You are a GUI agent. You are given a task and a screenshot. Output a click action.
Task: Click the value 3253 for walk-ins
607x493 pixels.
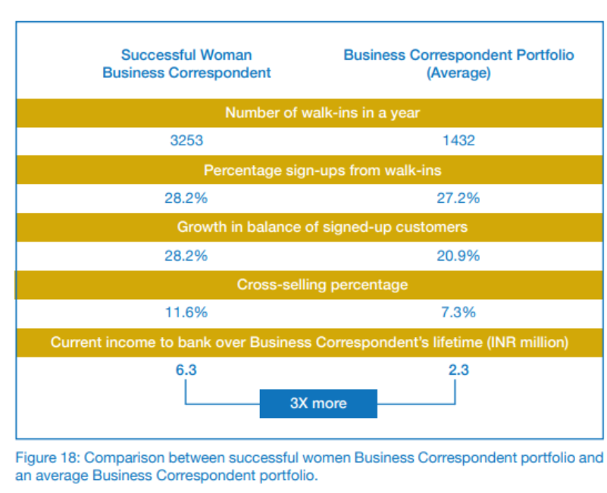186,141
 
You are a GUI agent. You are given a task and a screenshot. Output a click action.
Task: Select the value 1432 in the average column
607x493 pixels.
458,141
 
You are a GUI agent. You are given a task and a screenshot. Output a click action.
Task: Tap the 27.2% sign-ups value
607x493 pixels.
458,198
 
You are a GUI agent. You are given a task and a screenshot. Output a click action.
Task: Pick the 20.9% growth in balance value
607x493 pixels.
458,256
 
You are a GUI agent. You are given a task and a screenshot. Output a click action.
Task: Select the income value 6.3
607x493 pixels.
186,370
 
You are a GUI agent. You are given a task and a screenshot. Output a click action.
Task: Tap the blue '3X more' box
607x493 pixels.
318,403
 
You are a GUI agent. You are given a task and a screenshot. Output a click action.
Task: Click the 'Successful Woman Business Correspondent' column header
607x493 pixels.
186,64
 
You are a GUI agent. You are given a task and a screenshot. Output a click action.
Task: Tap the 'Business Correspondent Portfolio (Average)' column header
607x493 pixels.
458,64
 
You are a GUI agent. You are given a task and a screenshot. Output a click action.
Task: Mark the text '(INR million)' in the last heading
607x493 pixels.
530,342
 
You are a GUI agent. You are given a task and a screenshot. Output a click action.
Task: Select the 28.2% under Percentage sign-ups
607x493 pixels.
186,198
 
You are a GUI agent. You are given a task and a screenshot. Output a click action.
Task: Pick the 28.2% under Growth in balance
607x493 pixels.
186,256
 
